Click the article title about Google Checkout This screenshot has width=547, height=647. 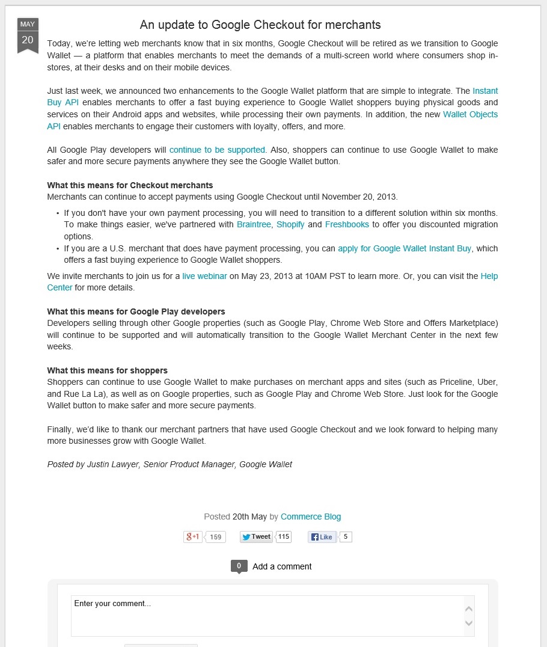(260, 25)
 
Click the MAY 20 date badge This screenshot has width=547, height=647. (28, 35)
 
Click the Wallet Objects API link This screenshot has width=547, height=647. (470, 114)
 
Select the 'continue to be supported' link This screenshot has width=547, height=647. (217, 150)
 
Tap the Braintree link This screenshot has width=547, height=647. (254, 224)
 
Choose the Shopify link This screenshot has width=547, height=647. (290, 224)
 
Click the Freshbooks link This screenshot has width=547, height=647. (347, 224)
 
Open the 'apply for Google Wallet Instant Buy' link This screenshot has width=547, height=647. (405, 248)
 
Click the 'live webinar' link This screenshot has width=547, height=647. (205, 276)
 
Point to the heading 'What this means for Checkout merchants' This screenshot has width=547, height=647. (130, 185)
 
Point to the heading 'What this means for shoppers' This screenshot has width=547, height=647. (107, 370)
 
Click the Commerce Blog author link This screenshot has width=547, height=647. (311, 517)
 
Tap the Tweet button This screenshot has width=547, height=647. (256, 537)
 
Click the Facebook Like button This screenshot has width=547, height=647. (322, 537)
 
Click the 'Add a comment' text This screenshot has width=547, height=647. (282, 566)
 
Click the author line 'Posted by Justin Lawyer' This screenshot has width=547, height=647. (170, 464)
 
